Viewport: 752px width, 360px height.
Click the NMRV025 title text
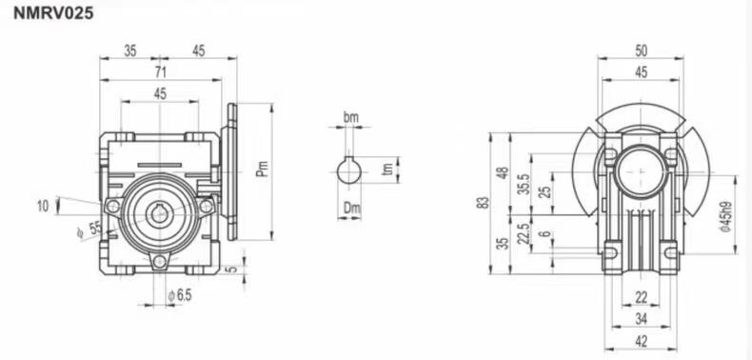(x=53, y=13)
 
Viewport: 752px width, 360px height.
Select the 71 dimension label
(x=160, y=71)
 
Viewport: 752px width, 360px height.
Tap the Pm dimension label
(x=263, y=169)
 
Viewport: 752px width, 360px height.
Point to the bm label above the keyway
(x=350, y=117)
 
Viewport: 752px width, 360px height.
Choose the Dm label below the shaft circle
(x=352, y=208)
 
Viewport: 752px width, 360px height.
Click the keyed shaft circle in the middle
(x=348, y=171)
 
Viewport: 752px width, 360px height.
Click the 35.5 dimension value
(x=524, y=184)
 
